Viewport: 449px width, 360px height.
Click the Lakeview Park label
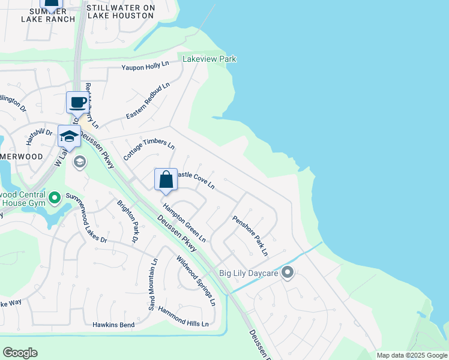(209, 59)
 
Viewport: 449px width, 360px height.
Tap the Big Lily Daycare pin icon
(288, 273)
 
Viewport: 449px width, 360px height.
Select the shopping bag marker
(166, 179)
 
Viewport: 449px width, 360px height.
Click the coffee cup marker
(77, 102)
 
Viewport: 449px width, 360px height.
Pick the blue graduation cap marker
(69, 136)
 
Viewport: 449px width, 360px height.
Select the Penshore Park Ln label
(250, 236)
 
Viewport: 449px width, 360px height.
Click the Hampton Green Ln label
(185, 221)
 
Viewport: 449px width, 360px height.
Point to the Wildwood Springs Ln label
(196, 281)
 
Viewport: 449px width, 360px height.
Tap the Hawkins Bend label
(113, 325)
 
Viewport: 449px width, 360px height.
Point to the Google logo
(20, 353)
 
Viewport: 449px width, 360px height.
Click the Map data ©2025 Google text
(412, 355)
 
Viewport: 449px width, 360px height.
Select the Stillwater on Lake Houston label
(121, 12)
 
